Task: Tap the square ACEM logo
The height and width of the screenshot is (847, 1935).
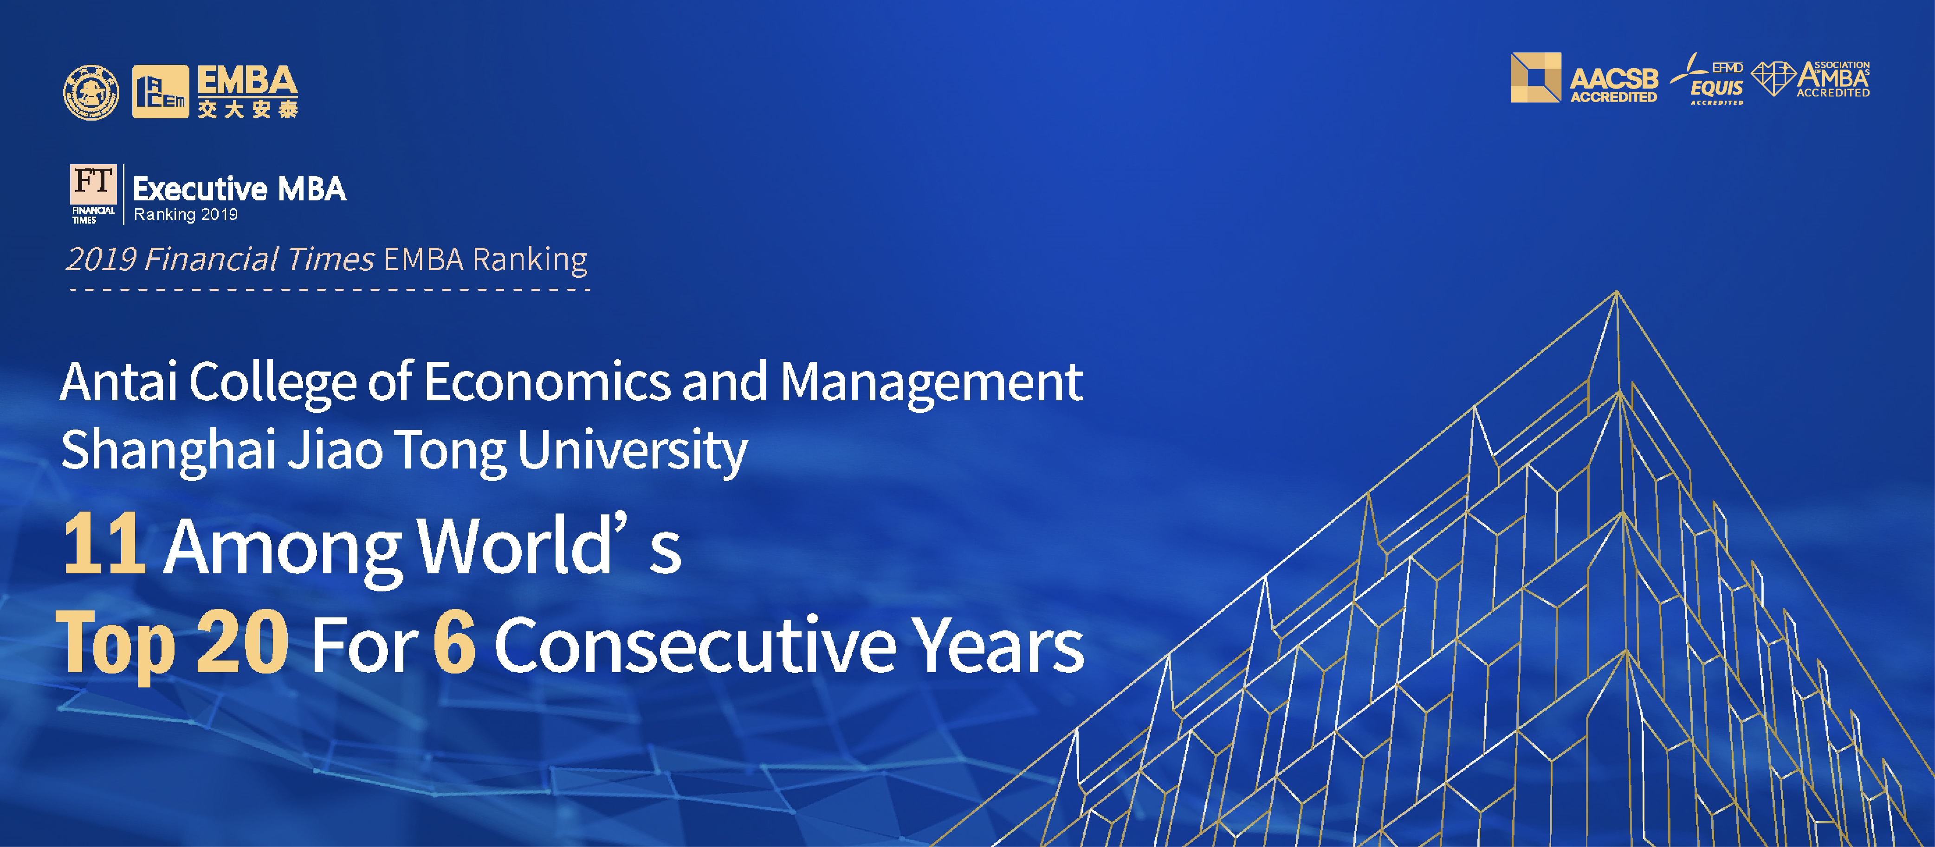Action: (160, 91)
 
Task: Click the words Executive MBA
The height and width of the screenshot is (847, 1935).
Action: (239, 189)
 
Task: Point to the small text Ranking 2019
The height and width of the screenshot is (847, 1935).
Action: (186, 215)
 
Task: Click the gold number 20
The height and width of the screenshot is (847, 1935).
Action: (242, 641)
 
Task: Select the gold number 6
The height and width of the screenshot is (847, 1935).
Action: (454, 641)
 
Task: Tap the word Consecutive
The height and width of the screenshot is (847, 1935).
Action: (695, 643)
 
